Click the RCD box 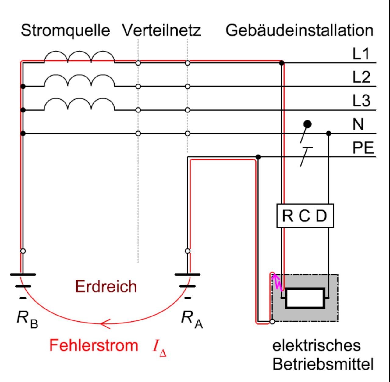pos(305,216)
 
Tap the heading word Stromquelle pos(66,30)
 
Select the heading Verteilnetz pos(161,30)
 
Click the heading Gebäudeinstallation pos(299,30)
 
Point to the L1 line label pos(361,54)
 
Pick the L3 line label pos(361,101)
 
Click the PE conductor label pos(363,148)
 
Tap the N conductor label pos(358,124)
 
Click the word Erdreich pos(106,286)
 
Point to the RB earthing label pos(27,319)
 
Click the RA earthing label pos(192,319)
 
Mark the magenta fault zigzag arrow pos(277,282)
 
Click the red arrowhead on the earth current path pos(105,324)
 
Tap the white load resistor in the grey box pos(305,298)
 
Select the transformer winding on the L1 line pos(79,57)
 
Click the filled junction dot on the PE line pos(258,157)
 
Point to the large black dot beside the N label pos(307,124)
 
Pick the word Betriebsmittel pos(323,364)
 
